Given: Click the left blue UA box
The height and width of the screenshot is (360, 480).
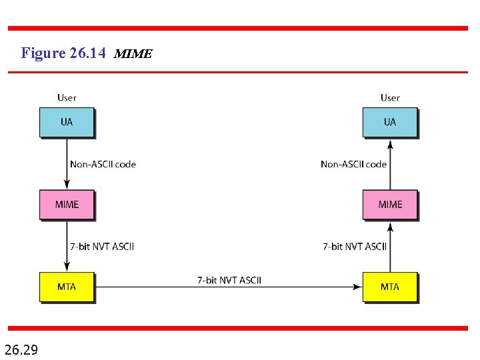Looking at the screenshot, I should point(67,122).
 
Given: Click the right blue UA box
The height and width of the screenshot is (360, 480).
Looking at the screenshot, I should point(390,122).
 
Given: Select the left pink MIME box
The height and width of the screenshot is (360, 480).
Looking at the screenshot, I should point(67,204).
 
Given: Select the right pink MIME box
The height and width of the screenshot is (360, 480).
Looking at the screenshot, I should point(390,204).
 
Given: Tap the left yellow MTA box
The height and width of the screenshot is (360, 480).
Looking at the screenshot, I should point(67,287).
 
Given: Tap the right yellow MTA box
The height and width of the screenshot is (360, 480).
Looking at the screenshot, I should point(390,287).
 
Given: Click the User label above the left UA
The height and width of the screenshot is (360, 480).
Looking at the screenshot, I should point(67,97).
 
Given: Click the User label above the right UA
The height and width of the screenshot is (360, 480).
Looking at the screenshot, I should point(390,97).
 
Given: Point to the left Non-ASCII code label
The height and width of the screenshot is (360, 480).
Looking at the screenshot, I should point(103,164).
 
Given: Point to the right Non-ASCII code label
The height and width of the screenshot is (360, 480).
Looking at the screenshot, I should point(353,164).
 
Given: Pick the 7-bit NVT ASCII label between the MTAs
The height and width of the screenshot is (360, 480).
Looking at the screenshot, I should point(229,279).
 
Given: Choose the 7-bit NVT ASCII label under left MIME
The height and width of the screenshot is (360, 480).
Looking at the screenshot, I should point(102,246).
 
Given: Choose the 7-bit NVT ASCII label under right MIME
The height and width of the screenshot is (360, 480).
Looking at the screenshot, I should point(355,246).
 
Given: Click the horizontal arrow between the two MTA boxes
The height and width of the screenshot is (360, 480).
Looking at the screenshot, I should point(229,287).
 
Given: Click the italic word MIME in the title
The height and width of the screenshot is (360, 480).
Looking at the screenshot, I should point(133,54).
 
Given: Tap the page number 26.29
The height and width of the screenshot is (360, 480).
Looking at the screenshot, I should point(21,348).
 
